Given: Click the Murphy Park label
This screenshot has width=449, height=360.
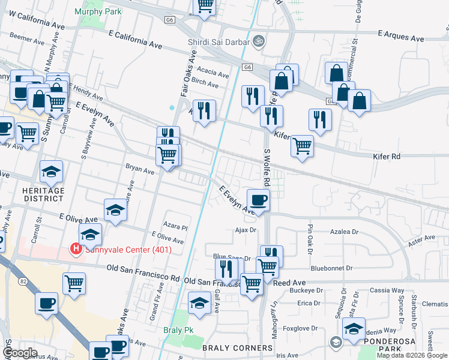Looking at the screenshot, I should coord(98,12).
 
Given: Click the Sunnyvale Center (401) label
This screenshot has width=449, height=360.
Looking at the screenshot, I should coord(127,250).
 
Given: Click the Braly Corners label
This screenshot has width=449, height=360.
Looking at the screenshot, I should coord(237,348).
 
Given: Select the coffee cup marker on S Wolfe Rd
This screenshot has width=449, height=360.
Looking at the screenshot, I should coord(258,199).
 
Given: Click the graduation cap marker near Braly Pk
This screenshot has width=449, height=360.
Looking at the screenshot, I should coord(199,302).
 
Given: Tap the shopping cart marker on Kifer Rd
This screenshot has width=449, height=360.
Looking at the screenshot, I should coord(302,146).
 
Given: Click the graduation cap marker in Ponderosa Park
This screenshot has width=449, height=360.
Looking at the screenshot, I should coord(354,328).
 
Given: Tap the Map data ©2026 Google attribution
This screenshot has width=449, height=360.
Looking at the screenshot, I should coord(412,355).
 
